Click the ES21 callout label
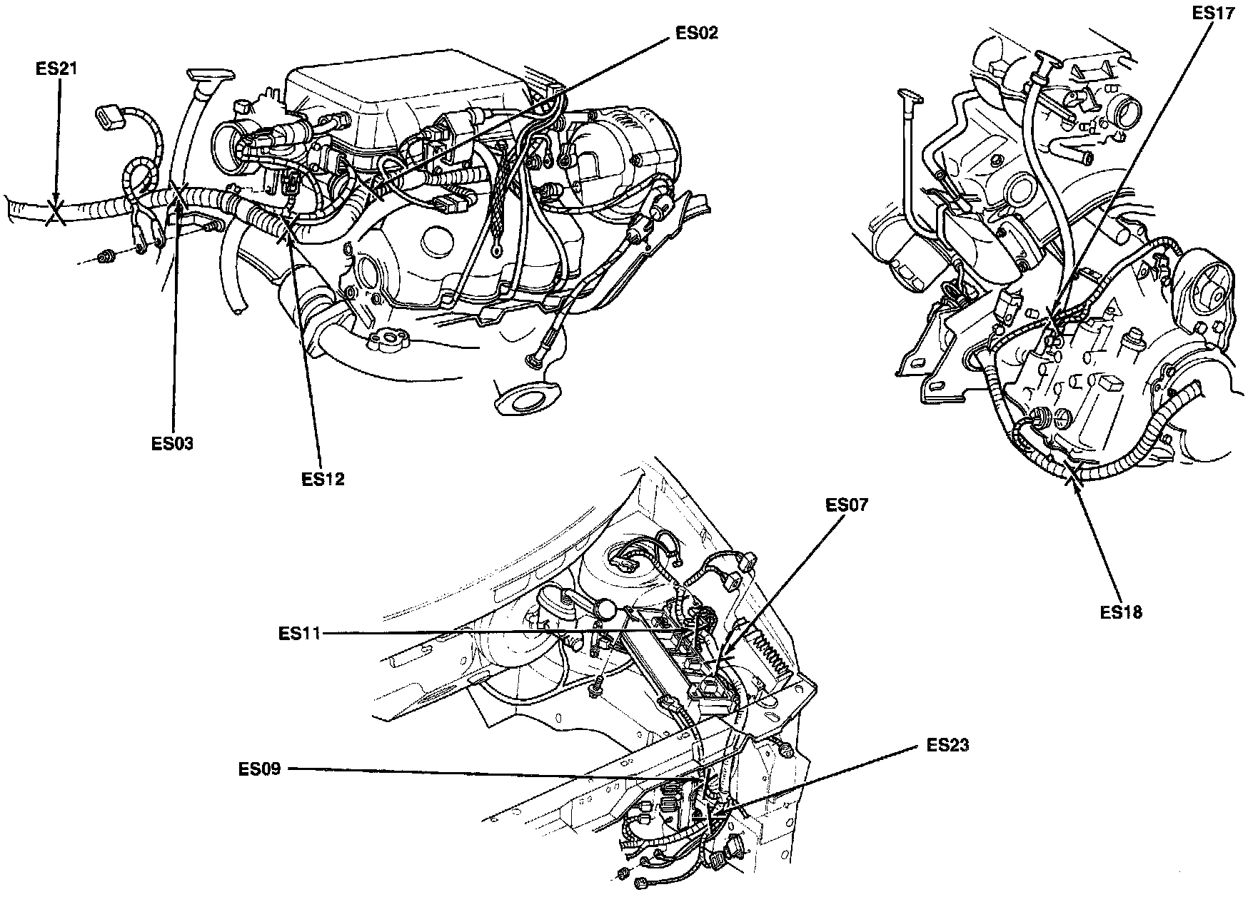[56, 69]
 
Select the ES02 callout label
[696, 34]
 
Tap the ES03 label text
[172, 443]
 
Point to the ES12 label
[323, 479]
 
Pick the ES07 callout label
[847, 505]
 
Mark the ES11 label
[301, 632]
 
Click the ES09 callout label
[261, 769]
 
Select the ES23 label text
[947, 746]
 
